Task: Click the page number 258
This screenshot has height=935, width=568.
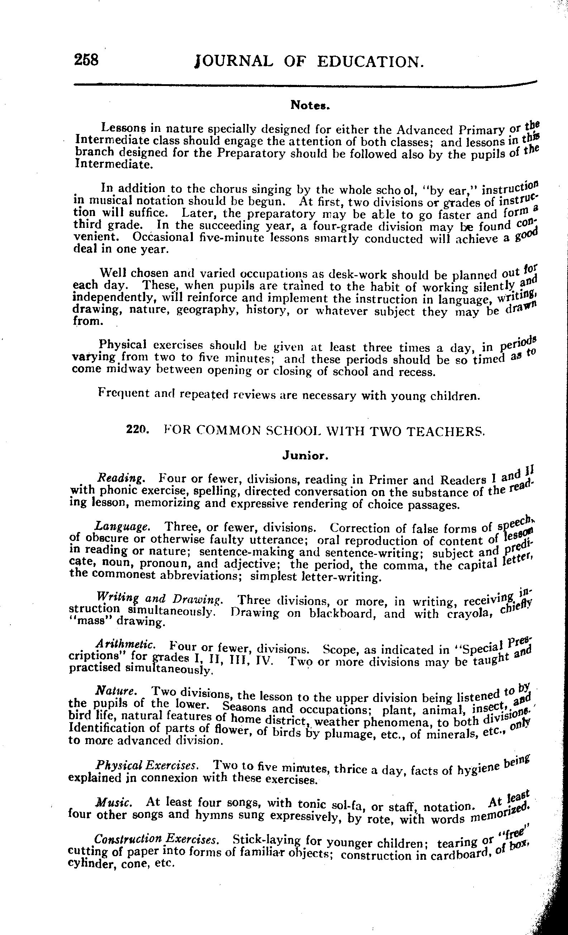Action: pyautogui.click(x=87, y=60)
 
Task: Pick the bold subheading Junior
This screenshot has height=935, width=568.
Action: pyautogui.click(x=305, y=456)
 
